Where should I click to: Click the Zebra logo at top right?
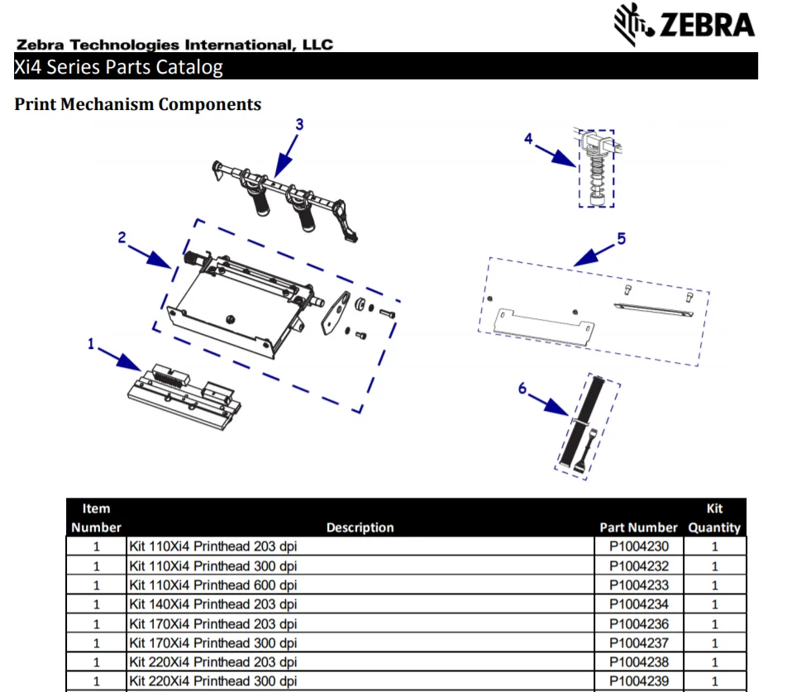tap(684, 25)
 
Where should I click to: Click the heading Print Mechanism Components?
tap(138, 104)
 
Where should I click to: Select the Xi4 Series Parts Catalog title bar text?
tap(118, 67)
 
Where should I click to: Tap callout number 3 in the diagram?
tap(299, 124)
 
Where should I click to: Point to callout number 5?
tap(621, 238)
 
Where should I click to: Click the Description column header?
tap(360, 527)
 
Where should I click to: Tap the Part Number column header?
tap(638, 527)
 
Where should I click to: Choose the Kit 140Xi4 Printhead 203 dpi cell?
tap(213, 604)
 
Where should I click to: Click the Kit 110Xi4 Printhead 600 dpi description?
tap(213, 585)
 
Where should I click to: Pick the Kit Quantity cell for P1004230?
tap(714, 546)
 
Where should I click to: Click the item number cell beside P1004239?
tap(96, 681)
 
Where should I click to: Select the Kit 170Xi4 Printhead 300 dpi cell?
tap(213, 643)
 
